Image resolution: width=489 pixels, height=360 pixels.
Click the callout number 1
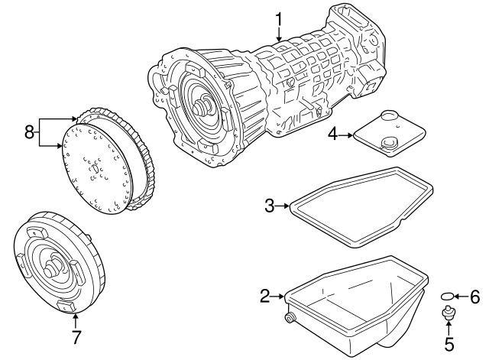click(x=278, y=19)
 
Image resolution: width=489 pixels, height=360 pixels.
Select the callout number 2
click(x=265, y=296)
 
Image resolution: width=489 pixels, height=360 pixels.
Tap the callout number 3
click(x=270, y=206)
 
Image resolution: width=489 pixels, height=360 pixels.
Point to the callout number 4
click(x=333, y=135)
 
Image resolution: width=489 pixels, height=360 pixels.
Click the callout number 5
click(x=449, y=344)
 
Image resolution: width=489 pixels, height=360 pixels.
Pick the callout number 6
click(x=474, y=297)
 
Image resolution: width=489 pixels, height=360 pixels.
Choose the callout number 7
click(x=76, y=337)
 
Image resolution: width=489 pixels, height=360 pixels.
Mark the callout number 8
click(x=29, y=132)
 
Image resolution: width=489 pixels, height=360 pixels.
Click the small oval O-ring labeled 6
click(x=446, y=296)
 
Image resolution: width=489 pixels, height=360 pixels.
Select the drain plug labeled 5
click(x=449, y=313)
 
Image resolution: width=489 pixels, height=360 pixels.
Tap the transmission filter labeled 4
click(x=389, y=134)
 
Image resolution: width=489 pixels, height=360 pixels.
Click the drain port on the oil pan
click(x=290, y=318)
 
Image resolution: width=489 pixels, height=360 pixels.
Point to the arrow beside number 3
click(x=282, y=206)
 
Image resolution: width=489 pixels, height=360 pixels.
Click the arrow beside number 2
click(x=277, y=296)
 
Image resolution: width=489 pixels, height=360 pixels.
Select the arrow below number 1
click(x=278, y=34)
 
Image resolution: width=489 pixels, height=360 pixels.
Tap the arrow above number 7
click(x=76, y=321)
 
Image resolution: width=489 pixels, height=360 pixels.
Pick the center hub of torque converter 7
click(x=52, y=268)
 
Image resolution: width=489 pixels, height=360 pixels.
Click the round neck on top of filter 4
click(x=390, y=115)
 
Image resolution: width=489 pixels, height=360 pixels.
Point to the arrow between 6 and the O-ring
click(x=461, y=296)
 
